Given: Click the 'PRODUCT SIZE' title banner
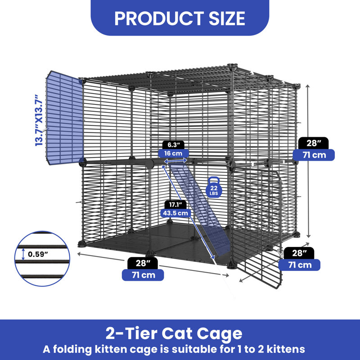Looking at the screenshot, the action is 180,18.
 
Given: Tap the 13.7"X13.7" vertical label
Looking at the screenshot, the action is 39,120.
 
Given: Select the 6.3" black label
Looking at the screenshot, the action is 173,145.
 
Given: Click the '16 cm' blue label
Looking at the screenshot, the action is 173,153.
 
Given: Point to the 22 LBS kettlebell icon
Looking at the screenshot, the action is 213,187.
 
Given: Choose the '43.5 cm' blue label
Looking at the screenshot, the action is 175,213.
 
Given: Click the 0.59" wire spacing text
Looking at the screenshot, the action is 38,254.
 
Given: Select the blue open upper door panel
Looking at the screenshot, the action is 65,118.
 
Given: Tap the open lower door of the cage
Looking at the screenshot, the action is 257,227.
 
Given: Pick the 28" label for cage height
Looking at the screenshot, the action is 313,143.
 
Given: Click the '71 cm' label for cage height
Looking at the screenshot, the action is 314,155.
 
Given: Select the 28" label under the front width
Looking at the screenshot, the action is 143,263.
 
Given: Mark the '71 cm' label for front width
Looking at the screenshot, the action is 143,275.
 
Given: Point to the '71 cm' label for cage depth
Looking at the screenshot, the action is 299,265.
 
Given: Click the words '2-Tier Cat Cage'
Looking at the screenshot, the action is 174,333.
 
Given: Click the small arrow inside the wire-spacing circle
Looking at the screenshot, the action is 23,254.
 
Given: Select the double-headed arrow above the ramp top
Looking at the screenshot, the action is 175,161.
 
